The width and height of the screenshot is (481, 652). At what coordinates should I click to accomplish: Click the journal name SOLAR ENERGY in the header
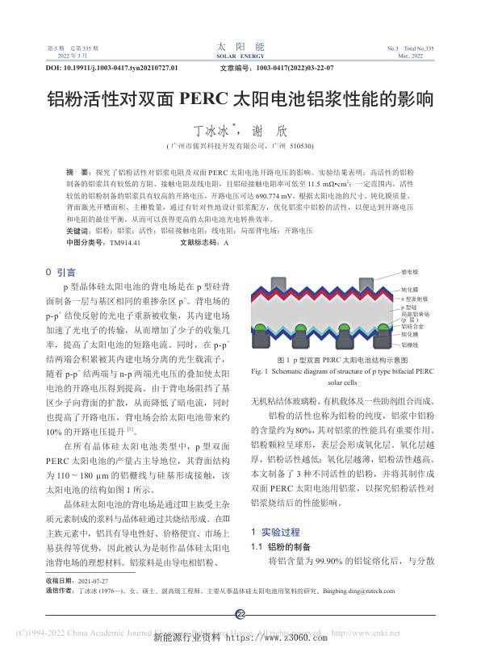click(240, 56)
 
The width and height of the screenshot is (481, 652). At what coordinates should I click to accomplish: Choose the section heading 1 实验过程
click(277, 508)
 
